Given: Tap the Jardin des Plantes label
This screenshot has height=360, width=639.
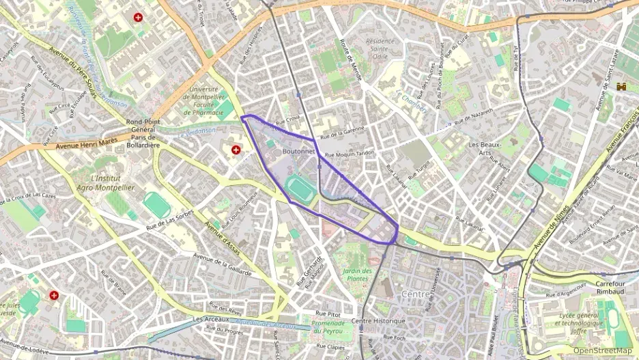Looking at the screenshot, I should [x=358, y=275].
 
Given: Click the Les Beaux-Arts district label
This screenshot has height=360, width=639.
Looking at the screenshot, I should [x=485, y=149].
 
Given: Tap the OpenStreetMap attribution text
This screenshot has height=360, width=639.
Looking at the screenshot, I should [x=602, y=350].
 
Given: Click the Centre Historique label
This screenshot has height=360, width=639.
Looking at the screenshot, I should [x=378, y=321].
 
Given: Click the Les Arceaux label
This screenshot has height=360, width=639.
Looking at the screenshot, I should [x=210, y=319].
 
